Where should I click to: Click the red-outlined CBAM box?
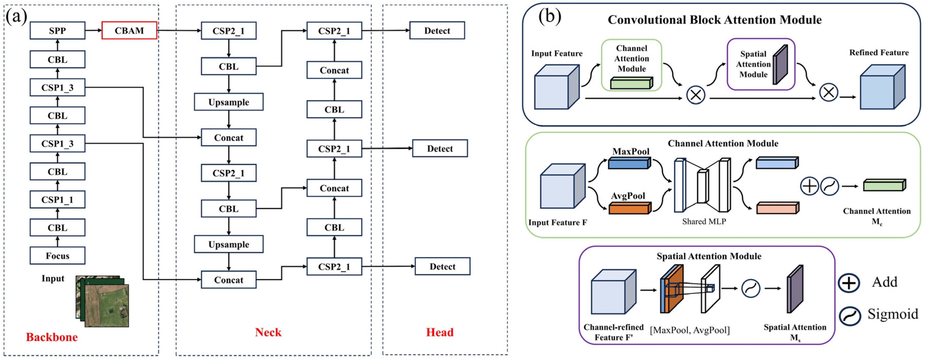tap(129, 30)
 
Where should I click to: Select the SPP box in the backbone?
tap(58, 30)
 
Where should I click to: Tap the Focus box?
tap(58, 256)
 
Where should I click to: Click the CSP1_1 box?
tap(58, 200)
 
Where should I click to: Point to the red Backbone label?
tap(52, 337)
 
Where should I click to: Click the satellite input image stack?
tap(103, 301)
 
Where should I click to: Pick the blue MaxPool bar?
tap(629, 163)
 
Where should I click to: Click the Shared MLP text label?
tap(704, 221)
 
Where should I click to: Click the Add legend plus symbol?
tap(849, 283)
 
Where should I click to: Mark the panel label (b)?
tap(550, 17)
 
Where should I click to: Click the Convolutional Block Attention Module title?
tap(714, 20)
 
